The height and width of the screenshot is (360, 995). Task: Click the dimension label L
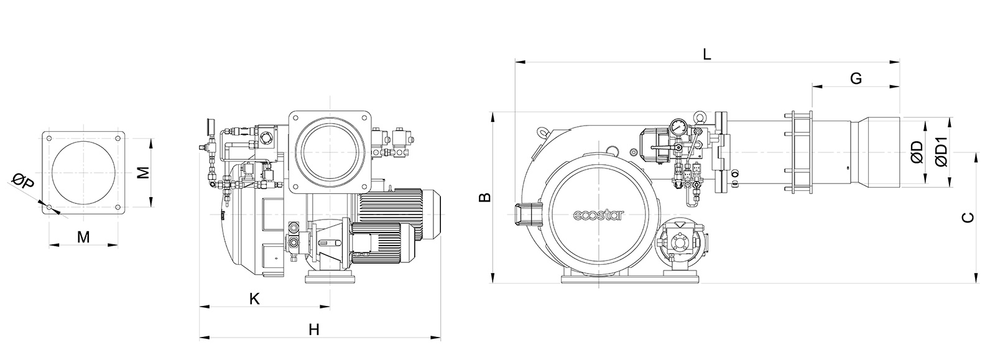pyautogui.click(x=706, y=55)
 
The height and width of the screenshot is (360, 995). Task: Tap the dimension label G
pyautogui.click(x=856, y=78)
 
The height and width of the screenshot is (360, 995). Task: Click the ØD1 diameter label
pyautogui.click(x=942, y=152)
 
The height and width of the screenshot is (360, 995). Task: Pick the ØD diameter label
pyautogui.click(x=917, y=152)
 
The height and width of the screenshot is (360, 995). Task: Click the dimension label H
pyautogui.click(x=314, y=330)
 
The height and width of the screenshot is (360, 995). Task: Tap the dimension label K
pyautogui.click(x=254, y=298)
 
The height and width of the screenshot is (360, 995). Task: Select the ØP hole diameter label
pyautogui.click(x=23, y=182)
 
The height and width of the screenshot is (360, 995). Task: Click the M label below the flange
pyautogui.click(x=83, y=238)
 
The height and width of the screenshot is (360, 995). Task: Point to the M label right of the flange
pyautogui.click(x=143, y=172)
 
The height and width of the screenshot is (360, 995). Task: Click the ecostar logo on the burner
pyautogui.click(x=598, y=216)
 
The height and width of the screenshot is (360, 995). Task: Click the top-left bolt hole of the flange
pyautogui.click(x=49, y=138)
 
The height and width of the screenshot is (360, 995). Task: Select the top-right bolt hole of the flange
pyautogui.click(x=118, y=138)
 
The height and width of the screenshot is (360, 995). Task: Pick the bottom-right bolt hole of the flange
pyautogui.click(x=118, y=207)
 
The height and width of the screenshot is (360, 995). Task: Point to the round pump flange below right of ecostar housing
pyautogui.click(x=680, y=243)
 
